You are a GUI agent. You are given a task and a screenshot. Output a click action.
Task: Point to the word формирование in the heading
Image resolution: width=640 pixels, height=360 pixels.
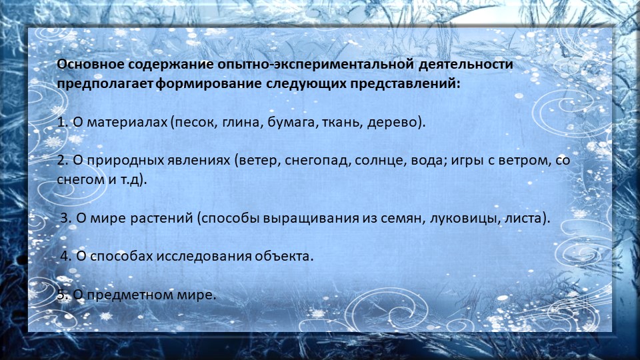pyautogui.click(x=209, y=85)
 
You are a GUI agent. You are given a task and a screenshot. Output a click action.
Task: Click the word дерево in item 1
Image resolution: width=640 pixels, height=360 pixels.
pyautogui.click(x=392, y=123)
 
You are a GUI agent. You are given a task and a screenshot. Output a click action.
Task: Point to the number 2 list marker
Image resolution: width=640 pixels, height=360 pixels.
pyautogui.click(x=63, y=161)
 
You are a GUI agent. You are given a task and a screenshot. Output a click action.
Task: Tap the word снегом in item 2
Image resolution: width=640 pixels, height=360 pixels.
pyautogui.click(x=81, y=180)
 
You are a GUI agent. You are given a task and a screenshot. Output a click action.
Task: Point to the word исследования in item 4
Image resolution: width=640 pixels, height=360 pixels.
pyautogui.click(x=204, y=256)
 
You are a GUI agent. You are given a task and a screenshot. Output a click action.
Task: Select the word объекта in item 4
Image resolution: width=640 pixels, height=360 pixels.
pyautogui.click(x=283, y=256)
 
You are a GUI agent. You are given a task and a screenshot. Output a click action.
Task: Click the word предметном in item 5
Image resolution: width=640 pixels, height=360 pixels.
pyautogui.click(x=128, y=295)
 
